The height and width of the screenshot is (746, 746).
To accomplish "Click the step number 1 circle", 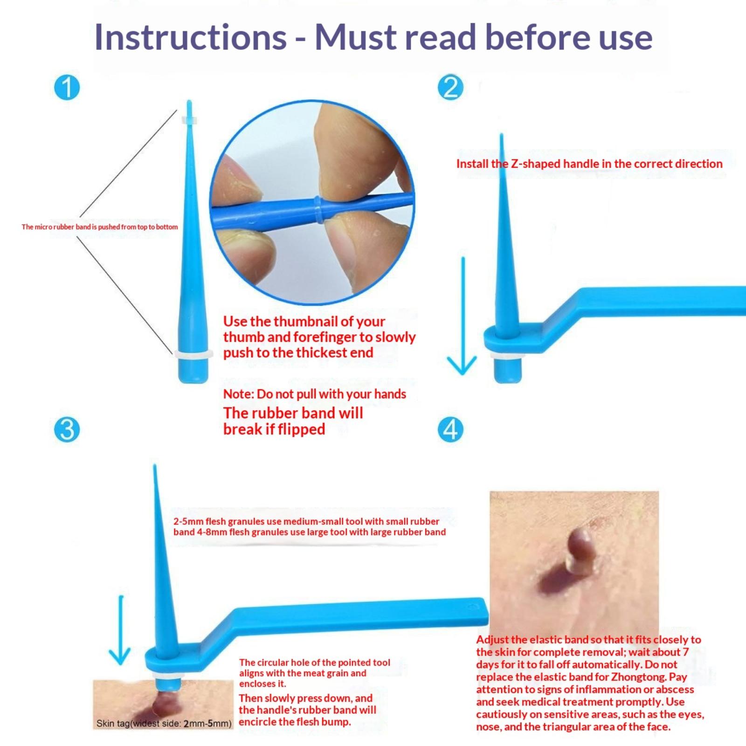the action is [67, 87].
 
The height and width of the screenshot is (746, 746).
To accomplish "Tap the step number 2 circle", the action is [450, 87].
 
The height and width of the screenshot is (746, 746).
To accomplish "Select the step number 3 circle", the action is [67, 429].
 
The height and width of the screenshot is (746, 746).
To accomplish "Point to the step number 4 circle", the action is [450, 429].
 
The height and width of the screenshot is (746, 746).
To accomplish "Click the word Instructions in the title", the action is [190, 37].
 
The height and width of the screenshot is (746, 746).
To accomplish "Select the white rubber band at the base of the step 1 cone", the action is [193, 354].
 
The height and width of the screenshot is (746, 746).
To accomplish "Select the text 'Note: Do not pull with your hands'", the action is [315, 394].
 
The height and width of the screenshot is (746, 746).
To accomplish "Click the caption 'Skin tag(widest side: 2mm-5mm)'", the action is [164, 724].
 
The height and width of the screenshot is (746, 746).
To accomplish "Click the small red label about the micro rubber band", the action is [100, 227].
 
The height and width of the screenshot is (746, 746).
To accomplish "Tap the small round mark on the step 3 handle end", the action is [474, 607].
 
